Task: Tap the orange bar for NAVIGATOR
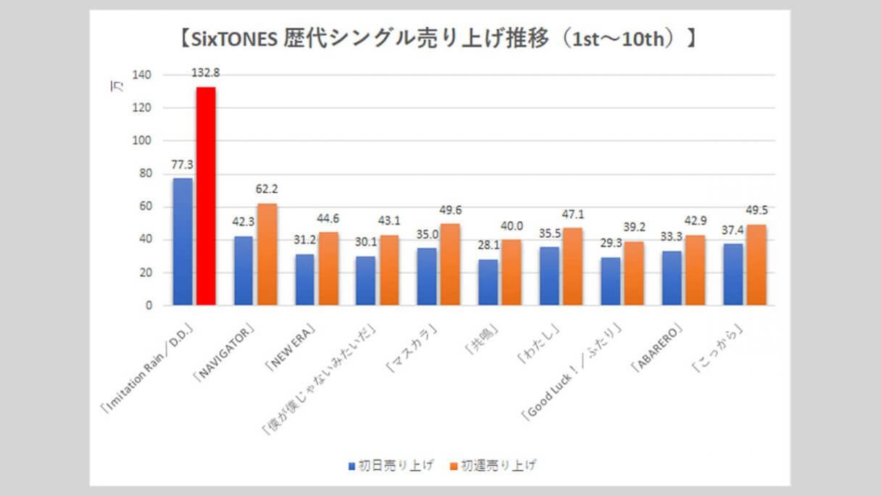coord(267,255)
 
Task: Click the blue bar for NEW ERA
coord(304,280)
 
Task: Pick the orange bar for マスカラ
coord(450,265)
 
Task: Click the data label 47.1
coord(572,214)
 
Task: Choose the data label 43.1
coord(390,220)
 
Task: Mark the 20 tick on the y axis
coord(146,273)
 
